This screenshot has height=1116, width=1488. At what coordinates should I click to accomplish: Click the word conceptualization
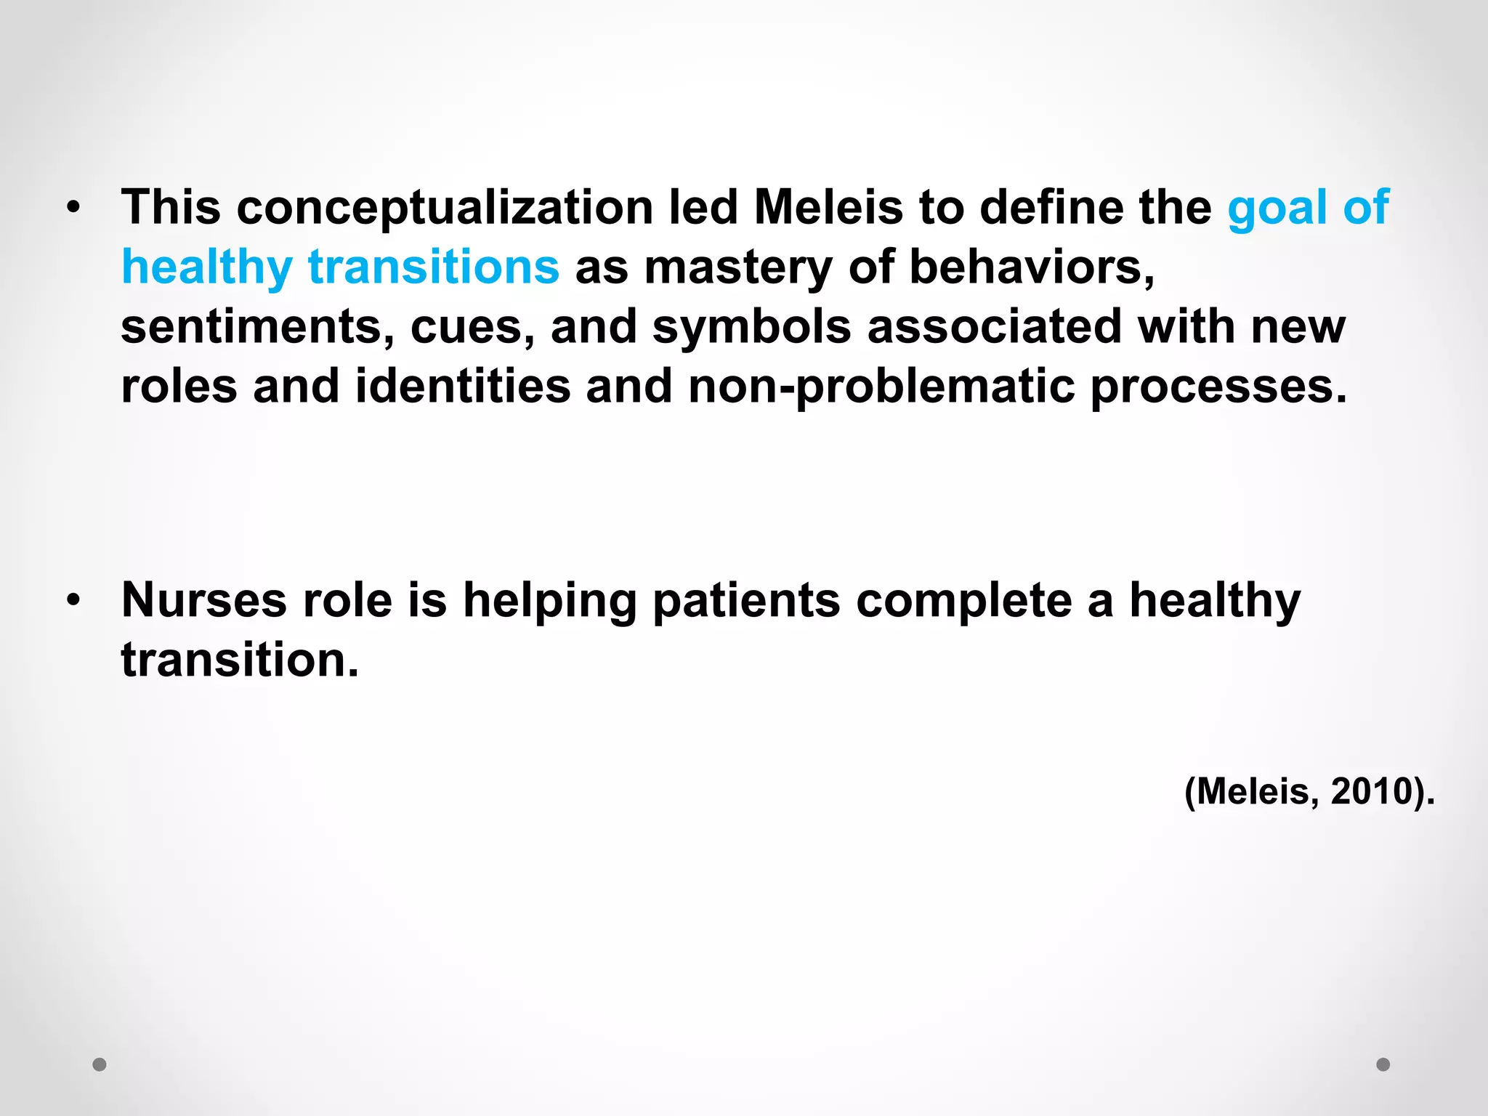coord(445,209)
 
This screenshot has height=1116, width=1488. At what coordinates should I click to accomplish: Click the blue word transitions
coord(434,267)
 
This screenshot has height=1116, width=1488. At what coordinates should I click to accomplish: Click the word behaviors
coord(1032,267)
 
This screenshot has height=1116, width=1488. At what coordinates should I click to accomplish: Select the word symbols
coord(751,328)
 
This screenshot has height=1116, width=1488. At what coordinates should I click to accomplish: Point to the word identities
coord(463,386)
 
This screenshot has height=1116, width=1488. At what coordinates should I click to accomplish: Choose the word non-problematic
coord(881,387)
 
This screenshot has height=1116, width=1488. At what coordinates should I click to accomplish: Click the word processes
coord(1218,387)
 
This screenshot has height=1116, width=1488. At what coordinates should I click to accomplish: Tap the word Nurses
coord(204,601)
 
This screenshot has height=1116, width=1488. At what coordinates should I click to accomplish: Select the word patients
coord(746,602)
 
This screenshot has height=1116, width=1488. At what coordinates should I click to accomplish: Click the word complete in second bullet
coord(963,602)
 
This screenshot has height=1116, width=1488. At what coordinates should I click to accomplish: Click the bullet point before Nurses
coord(73,601)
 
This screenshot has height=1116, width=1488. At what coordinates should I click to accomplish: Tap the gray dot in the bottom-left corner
coord(100,1064)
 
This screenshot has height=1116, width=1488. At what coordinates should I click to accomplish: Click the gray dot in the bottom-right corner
coord(1383,1064)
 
